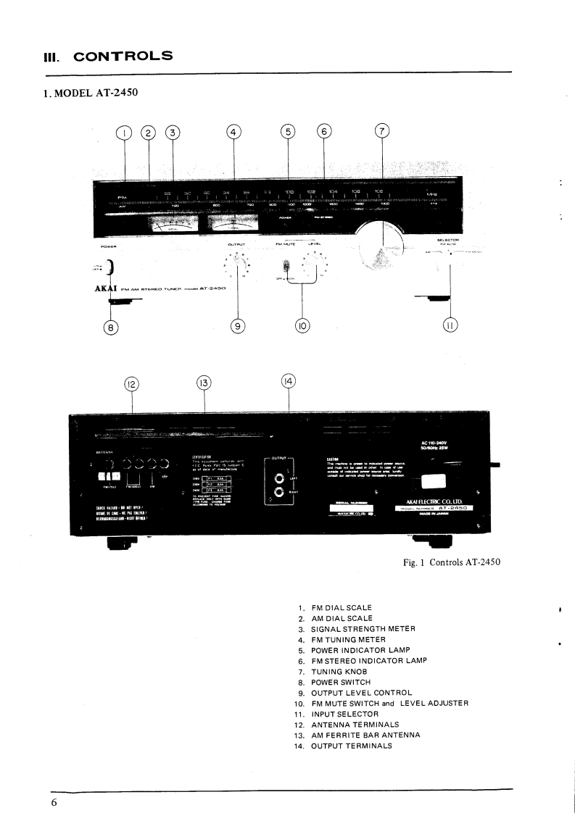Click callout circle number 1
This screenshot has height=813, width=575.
pos(125,133)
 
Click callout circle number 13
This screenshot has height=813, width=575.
pos(204,383)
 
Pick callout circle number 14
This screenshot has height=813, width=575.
pos(289,380)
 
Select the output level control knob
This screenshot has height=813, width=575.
pos(238,267)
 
